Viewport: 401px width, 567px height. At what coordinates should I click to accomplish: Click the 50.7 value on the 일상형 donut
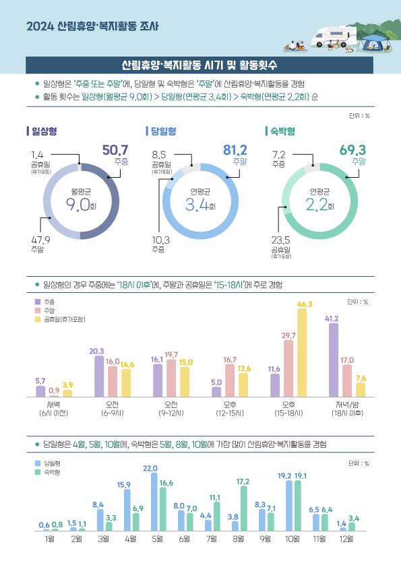tap(115, 149)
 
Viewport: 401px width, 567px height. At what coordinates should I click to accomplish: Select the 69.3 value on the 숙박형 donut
tap(352, 149)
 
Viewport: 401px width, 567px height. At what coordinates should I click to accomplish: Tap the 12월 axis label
tap(347, 539)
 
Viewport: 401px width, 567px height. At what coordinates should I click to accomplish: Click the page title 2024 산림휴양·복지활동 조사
tap(92, 28)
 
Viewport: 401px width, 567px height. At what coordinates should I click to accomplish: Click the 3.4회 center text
tap(200, 205)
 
